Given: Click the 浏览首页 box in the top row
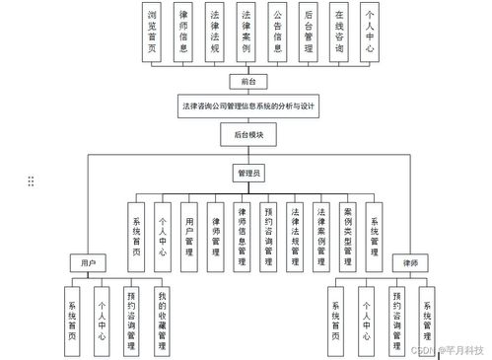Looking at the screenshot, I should pyautogui.click(x=151, y=33).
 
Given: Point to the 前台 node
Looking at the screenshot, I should pyautogui.click(x=247, y=82).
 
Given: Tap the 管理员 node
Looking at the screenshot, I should pyautogui.click(x=247, y=174).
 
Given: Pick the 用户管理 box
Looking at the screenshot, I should pyautogui.click(x=189, y=237).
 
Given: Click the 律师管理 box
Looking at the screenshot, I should pyautogui.click(x=215, y=237).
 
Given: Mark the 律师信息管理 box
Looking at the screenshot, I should pyautogui.click(x=242, y=237).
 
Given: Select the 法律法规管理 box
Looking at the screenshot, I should pyautogui.click(x=295, y=237).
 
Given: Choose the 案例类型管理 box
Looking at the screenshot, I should pyautogui.click(x=347, y=237).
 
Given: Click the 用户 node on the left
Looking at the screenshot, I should pyautogui.click(x=86, y=263).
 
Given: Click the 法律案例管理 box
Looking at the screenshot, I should pyautogui.click(x=320, y=237).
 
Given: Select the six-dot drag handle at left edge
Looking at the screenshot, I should pyautogui.click(x=32, y=180).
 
